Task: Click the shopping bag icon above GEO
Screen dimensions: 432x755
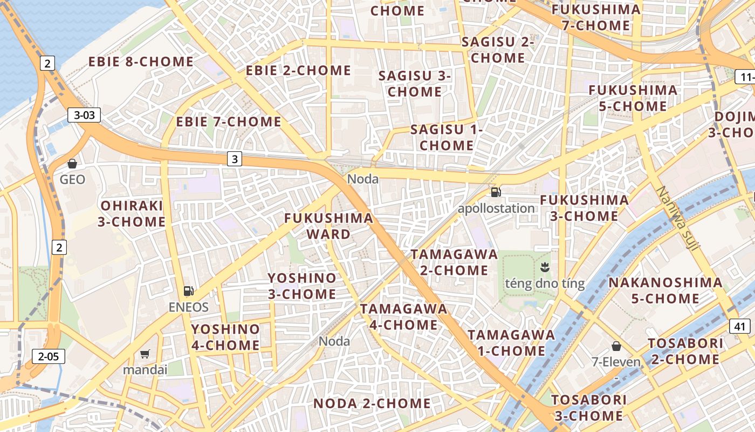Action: [x=72, y=164]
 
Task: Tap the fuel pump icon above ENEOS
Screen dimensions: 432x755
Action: [x=188, y=291]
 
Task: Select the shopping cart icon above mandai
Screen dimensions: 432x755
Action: [x=145, y=354]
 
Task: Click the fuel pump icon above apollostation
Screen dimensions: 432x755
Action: [x=496, y=192]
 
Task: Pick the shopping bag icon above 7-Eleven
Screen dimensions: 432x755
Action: [x=616, y=346]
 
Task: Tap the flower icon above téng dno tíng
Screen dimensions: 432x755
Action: [x=545, y=267]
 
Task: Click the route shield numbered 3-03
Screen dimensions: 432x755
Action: [x=84, y=114]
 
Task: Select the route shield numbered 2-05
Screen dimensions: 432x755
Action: [x=49, y=356]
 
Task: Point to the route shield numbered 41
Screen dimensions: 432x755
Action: [x=740, y=326]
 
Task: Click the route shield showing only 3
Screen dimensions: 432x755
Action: [x=234, y=159]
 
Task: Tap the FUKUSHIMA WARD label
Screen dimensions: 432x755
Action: [x=328, y=226]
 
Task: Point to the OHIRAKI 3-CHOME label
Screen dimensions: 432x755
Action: [x=133, y=214]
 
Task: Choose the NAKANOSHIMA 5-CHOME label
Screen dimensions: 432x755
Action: [x=665, y=290]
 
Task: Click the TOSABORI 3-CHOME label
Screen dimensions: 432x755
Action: [x=588, y=408]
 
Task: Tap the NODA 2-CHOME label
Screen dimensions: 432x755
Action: [x=372, y=403]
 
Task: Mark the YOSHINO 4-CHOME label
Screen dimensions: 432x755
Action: [x=225, y=337]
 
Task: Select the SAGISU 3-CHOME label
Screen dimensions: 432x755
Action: [x=414, y=84]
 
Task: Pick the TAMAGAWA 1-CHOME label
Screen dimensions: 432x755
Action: [x=511, y=343]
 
